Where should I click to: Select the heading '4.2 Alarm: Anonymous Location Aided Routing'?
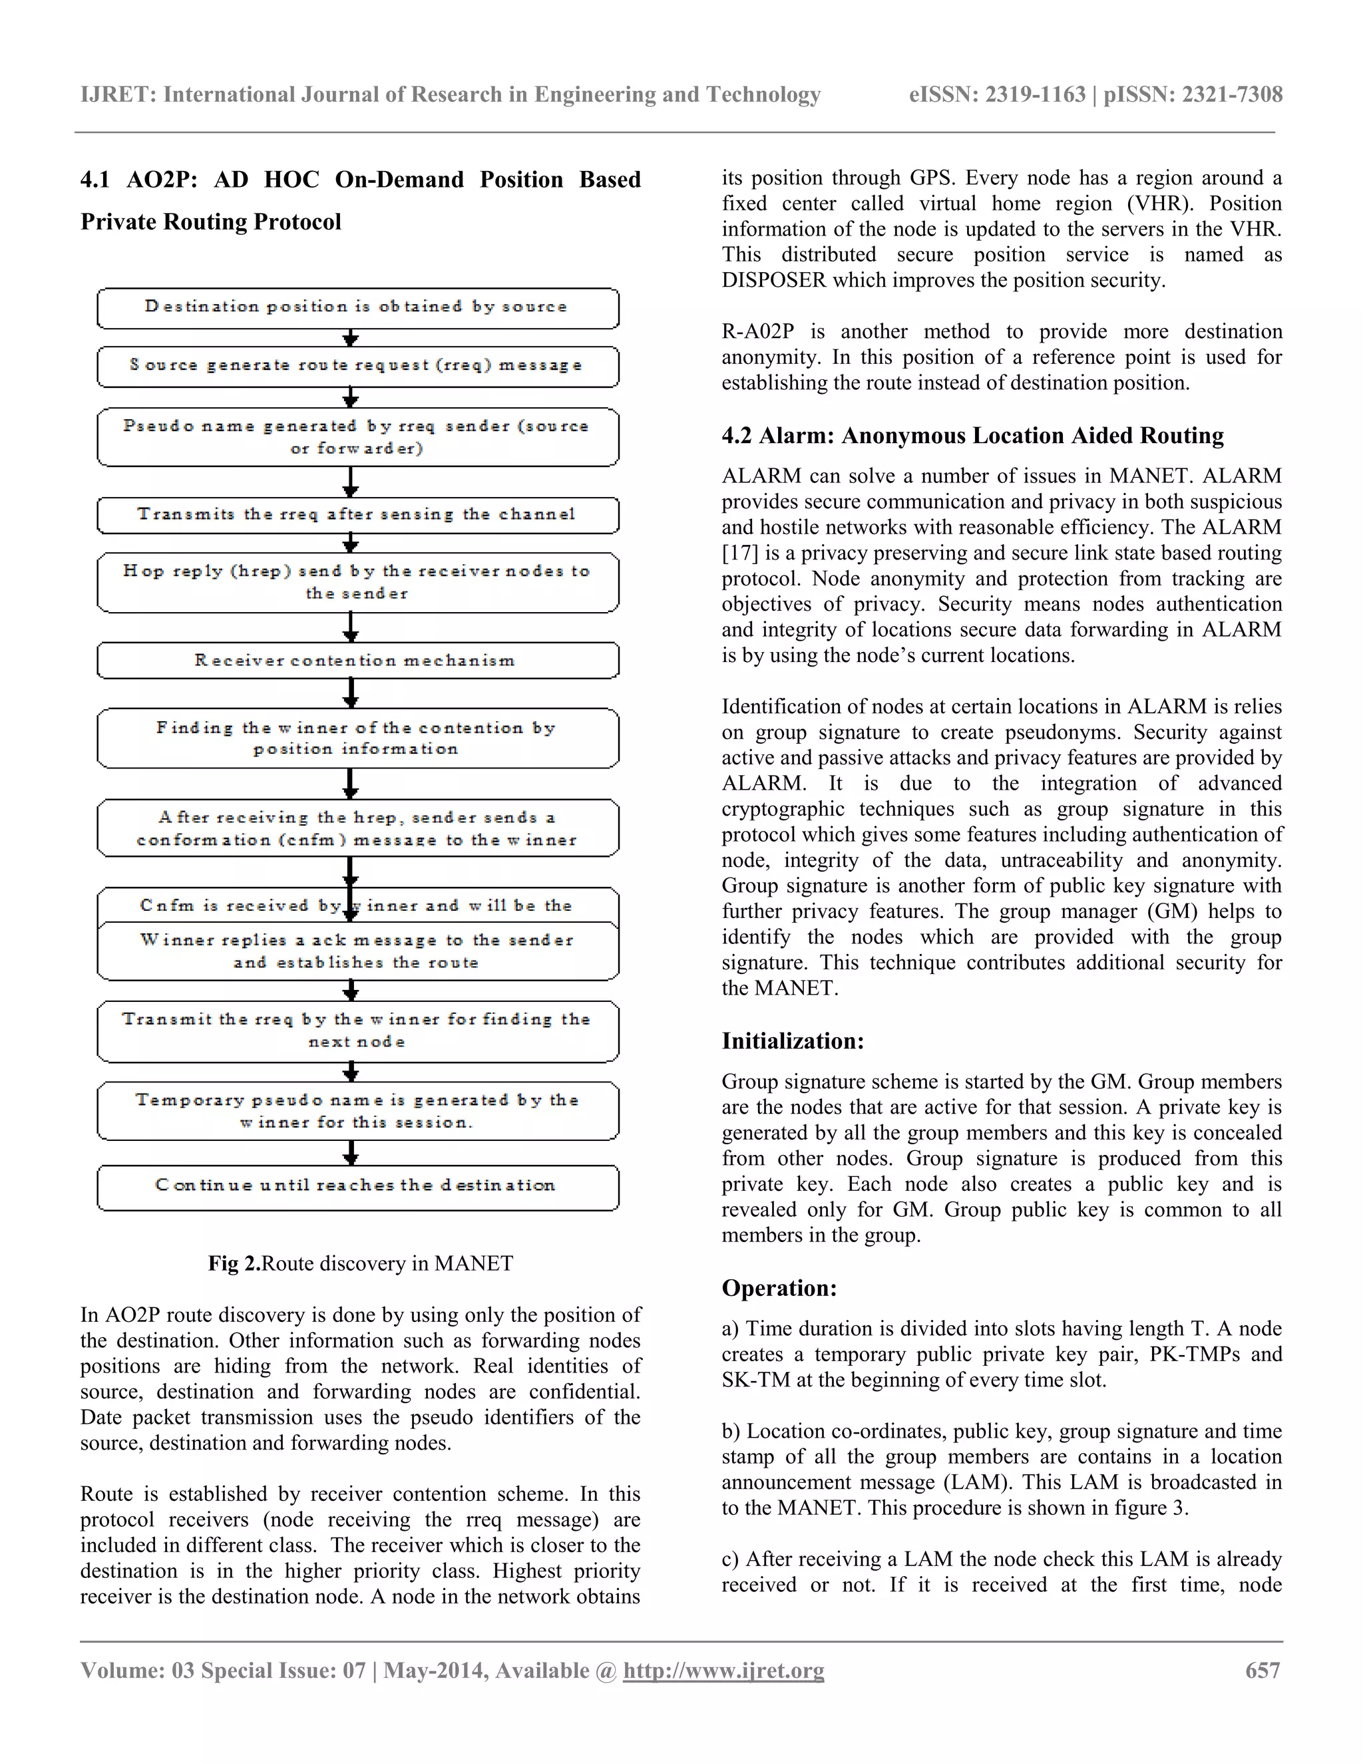(x=972, y=436)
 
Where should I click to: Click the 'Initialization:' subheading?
(x=792, y=1041)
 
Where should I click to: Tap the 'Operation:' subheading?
(x=779, y=1289)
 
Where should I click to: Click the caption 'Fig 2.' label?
(x=234, y=1263)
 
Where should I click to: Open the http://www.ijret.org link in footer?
(x=723, y=1670)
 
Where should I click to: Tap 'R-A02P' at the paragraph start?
(x=757, y=332)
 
